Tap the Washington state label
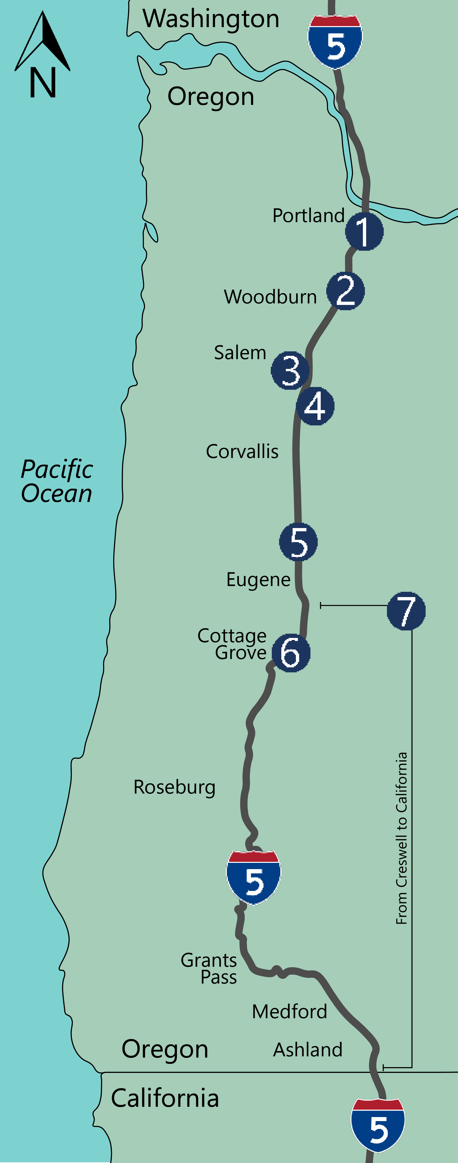(x=211, y=19)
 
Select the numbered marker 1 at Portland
(x=364, y=231)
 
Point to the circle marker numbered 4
(x=315, y=406)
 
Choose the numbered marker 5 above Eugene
(x=298, y=542)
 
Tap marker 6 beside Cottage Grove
(x=291, y=653)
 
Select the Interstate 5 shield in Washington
(x=335, y=42)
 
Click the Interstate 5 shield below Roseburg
(x=253, y=878)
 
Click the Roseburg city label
(x=175, y=787)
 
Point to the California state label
(x=165, y=1098)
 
